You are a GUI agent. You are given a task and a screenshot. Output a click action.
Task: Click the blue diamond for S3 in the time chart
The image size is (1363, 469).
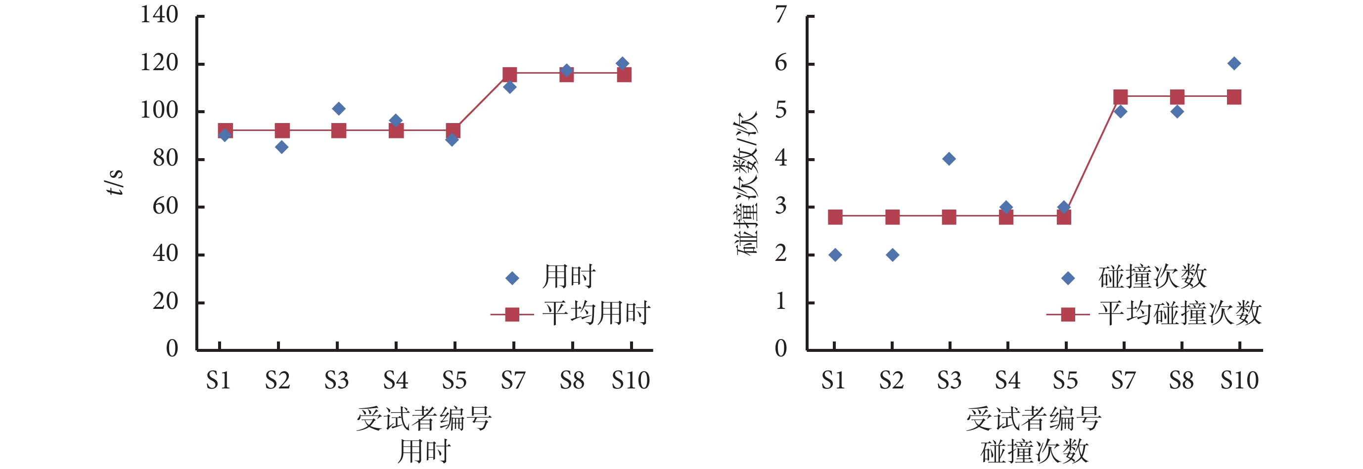[x=339, y=109]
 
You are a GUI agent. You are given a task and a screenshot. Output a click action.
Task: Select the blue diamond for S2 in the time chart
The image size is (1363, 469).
[x=281, y=147]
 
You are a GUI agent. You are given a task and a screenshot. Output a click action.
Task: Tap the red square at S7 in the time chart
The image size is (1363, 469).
[x=509, y=75]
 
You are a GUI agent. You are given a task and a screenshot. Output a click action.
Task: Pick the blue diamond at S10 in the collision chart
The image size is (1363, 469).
[x=1234, y=63]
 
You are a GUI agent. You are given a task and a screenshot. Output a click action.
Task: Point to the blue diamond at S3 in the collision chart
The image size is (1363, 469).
[x=949, y=159]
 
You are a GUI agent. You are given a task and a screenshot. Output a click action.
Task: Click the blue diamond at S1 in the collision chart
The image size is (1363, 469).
[x=835, y=256]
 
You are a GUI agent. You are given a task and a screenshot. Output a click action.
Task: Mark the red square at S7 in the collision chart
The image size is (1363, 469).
[x=1120, y=97]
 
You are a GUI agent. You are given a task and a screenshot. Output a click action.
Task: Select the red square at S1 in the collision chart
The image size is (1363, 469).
[x=835, y=217]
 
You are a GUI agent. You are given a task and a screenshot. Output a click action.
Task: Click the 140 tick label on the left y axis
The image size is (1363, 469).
[x=159, y=15]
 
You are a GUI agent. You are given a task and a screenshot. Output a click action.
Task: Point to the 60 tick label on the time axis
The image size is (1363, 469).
[x=165, y=206]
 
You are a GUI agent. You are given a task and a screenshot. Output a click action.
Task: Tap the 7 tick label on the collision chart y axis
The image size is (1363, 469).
[x=780, y=15]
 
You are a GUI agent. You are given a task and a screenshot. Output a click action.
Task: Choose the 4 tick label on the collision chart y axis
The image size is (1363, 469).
[x=780, y=158]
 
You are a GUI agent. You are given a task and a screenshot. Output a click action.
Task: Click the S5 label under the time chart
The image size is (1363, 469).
[x=454, y=380]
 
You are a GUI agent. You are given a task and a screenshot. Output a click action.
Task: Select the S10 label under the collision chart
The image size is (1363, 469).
[x=1239, y=380]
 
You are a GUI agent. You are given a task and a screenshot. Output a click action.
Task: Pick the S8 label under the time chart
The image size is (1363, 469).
[x=572, y=380]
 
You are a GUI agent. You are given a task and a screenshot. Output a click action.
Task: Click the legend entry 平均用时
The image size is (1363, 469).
[x=596, y=313]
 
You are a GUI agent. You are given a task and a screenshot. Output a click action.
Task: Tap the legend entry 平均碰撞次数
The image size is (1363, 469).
[x=1180, y=313]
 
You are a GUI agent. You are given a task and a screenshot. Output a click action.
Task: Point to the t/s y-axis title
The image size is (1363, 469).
[x=114, y=182]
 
